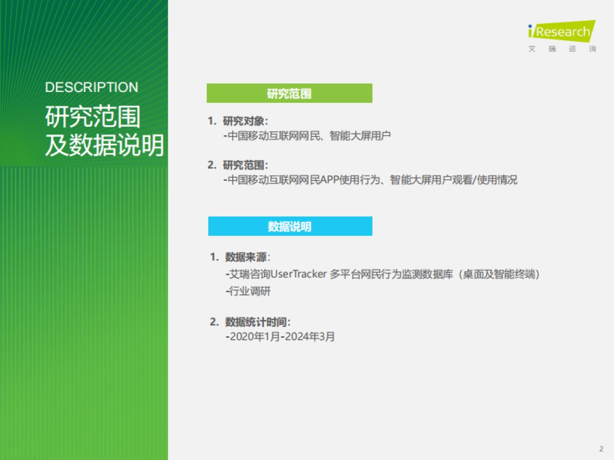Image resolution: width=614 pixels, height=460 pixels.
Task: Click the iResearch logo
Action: (x=561, y=32)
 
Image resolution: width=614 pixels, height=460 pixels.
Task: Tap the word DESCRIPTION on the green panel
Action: (x=92, y=87)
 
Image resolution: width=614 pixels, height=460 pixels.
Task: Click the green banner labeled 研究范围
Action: (x=289, y=94)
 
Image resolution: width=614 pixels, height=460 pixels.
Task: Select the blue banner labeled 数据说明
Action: (x=290, y=226)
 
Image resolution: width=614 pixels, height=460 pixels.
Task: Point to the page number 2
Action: (x=601, y=449)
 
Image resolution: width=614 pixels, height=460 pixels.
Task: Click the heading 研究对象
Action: (x=245, y=122)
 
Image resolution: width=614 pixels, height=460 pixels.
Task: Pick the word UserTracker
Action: (x=298, y=274)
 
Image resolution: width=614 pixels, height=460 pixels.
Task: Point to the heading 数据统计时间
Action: (x=257, y=322)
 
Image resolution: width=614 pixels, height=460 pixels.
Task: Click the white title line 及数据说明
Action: (x=104, y=146)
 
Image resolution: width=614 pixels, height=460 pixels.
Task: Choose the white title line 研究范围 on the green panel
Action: (x=93, y=117)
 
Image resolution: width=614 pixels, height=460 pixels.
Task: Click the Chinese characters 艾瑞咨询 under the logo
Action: (x=562, y=50)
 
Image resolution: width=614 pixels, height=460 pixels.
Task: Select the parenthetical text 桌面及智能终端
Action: (x=499, y=274)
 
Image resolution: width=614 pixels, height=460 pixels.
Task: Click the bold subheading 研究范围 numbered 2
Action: (x=245, y=166)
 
